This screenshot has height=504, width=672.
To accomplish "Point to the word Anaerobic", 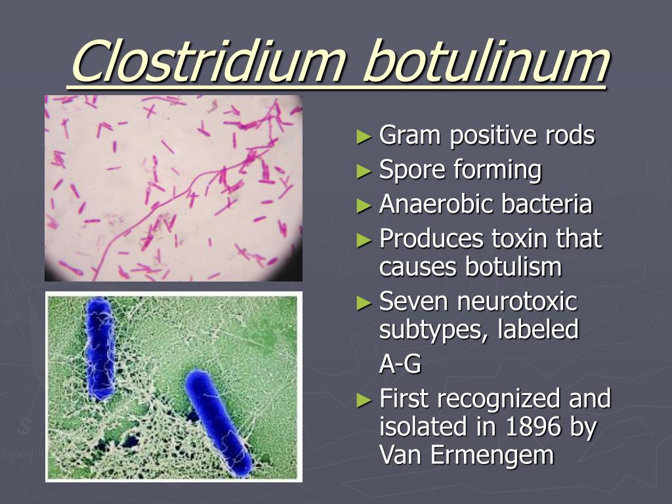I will pyautogui.click(x=436, y=204).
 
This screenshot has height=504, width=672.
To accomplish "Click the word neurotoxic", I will pyautogui.click(x=517, y=302).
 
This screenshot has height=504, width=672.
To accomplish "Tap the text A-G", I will pyautogui.click(x=400, y=363).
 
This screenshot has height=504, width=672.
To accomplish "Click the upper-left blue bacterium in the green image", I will pyautogui.click(x=99, y=348).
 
